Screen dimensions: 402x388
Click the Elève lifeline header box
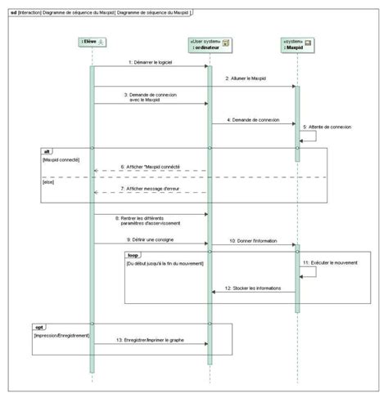94,42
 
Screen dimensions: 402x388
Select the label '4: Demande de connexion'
254,120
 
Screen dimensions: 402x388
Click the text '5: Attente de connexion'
327,127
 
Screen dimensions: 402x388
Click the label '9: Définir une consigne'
151,240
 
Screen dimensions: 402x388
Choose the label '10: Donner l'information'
253,240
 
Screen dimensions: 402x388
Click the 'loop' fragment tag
133,255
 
